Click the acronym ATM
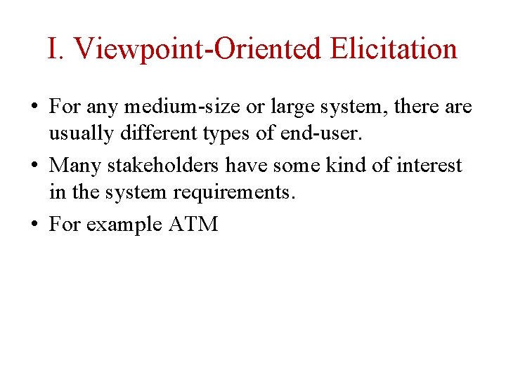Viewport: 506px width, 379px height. tap(194, 225)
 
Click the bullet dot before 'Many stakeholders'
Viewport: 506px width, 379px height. tap(34, 166)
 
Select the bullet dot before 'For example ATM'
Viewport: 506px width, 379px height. tap(34, 225)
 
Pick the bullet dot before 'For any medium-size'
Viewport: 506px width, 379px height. tap(34, 107)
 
